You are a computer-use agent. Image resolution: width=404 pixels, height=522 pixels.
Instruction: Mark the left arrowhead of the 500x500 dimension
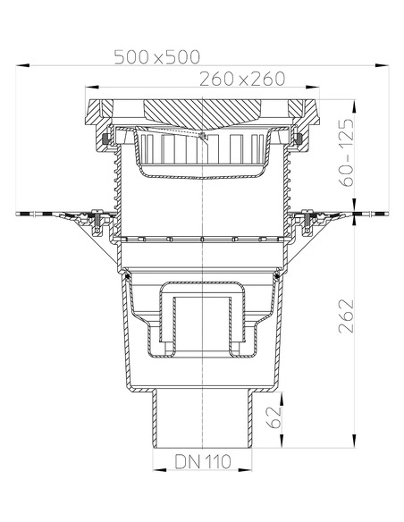click(22, 65)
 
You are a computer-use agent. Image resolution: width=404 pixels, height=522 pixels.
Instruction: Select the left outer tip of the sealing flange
click(18, 214)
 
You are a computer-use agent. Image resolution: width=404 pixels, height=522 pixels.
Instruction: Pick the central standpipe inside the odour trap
click(202, 322)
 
